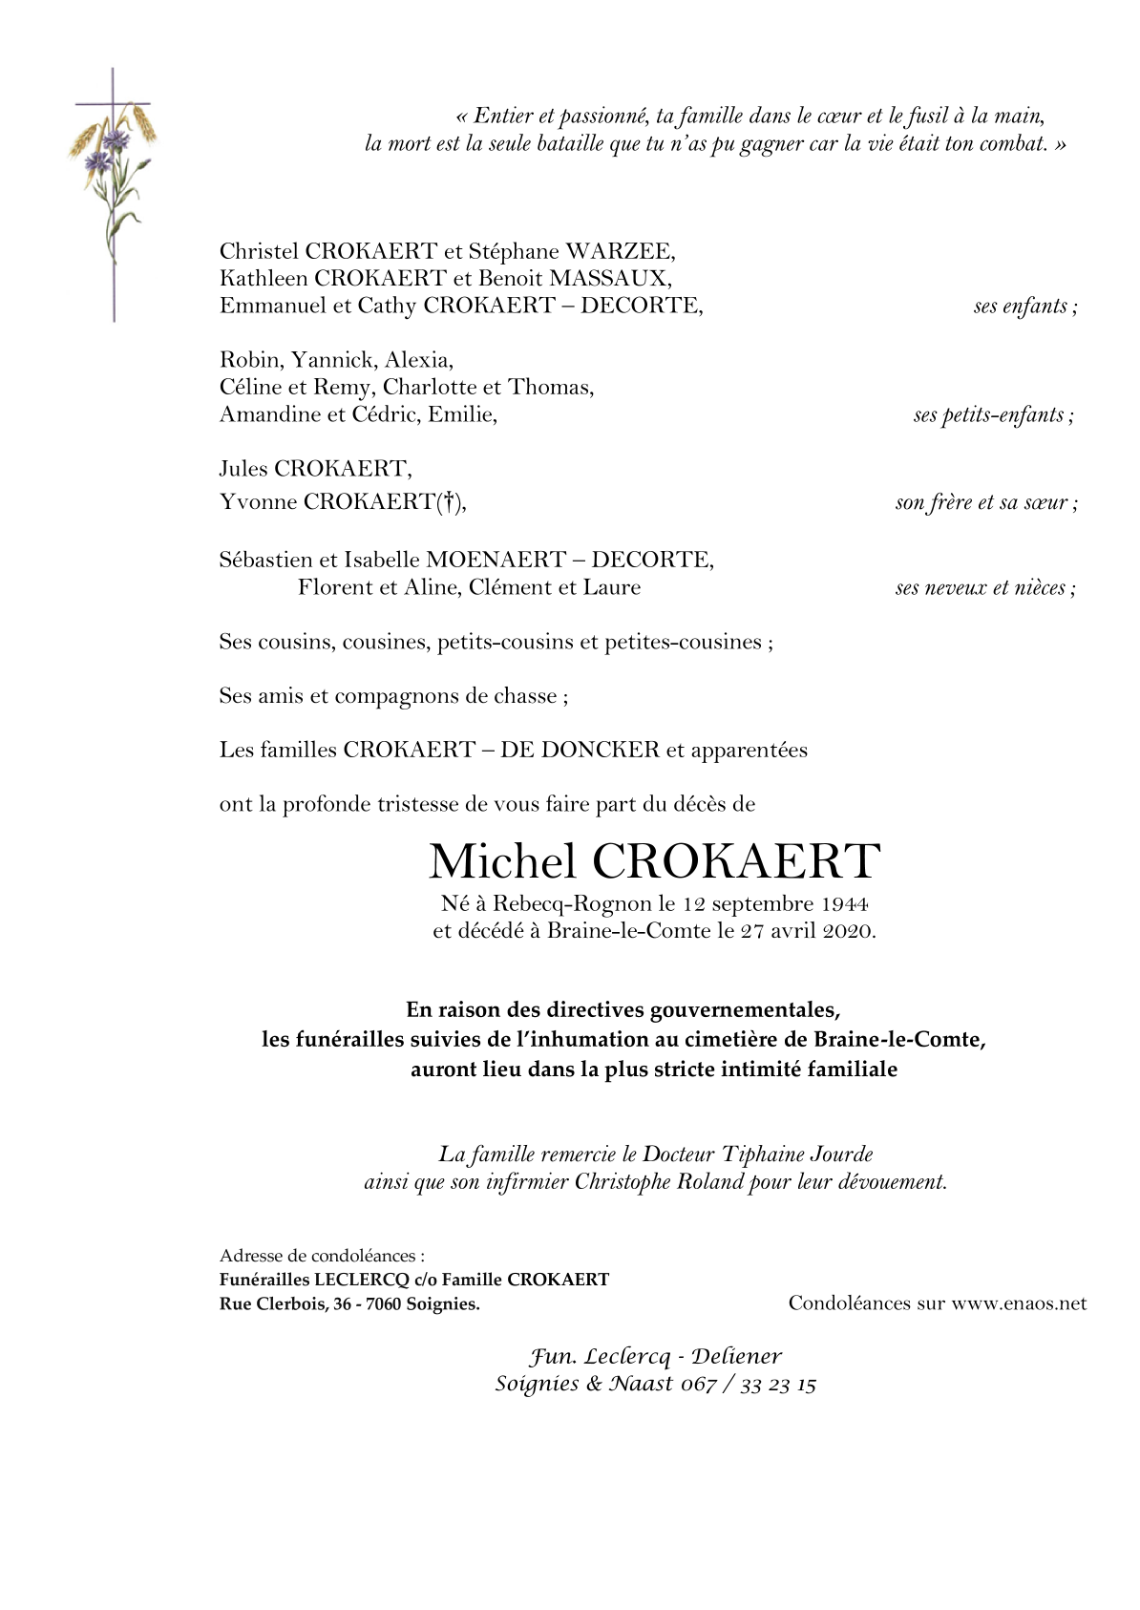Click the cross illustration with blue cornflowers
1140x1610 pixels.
click(x=113, y=181)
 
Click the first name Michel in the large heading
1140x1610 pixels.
click(x=502, y=861)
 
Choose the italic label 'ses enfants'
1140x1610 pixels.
click(x=1024, y=307)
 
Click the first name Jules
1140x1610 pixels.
click(x=243, y=469)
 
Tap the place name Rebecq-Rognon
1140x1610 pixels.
click(x=572, y=903)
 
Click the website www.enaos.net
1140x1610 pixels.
click(x=1019, y=1303)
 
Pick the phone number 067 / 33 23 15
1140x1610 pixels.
click(x=748, y=1384)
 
